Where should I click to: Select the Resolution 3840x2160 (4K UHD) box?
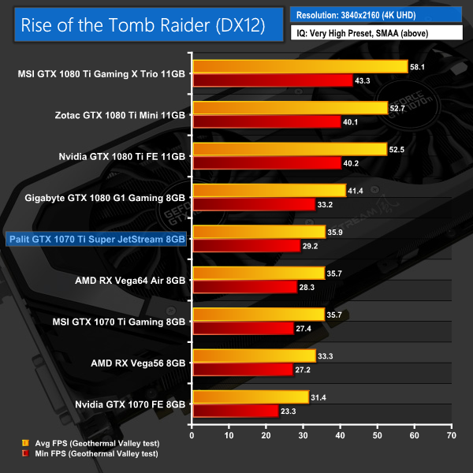tap(376, 15)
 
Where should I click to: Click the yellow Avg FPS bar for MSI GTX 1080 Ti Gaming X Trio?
tap(300, 67)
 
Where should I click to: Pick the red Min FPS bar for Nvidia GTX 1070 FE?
tap(235, 410)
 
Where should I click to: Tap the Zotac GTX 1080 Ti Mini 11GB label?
tap(116, 115)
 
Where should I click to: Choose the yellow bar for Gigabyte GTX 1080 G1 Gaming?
tap(269, 190)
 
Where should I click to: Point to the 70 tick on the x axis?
tap(451, 434)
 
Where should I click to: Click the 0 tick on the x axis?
tap(192, 434)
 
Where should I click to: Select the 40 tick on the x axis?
tap(340, 434)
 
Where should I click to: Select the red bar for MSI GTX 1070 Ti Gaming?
tap(243, 328)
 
